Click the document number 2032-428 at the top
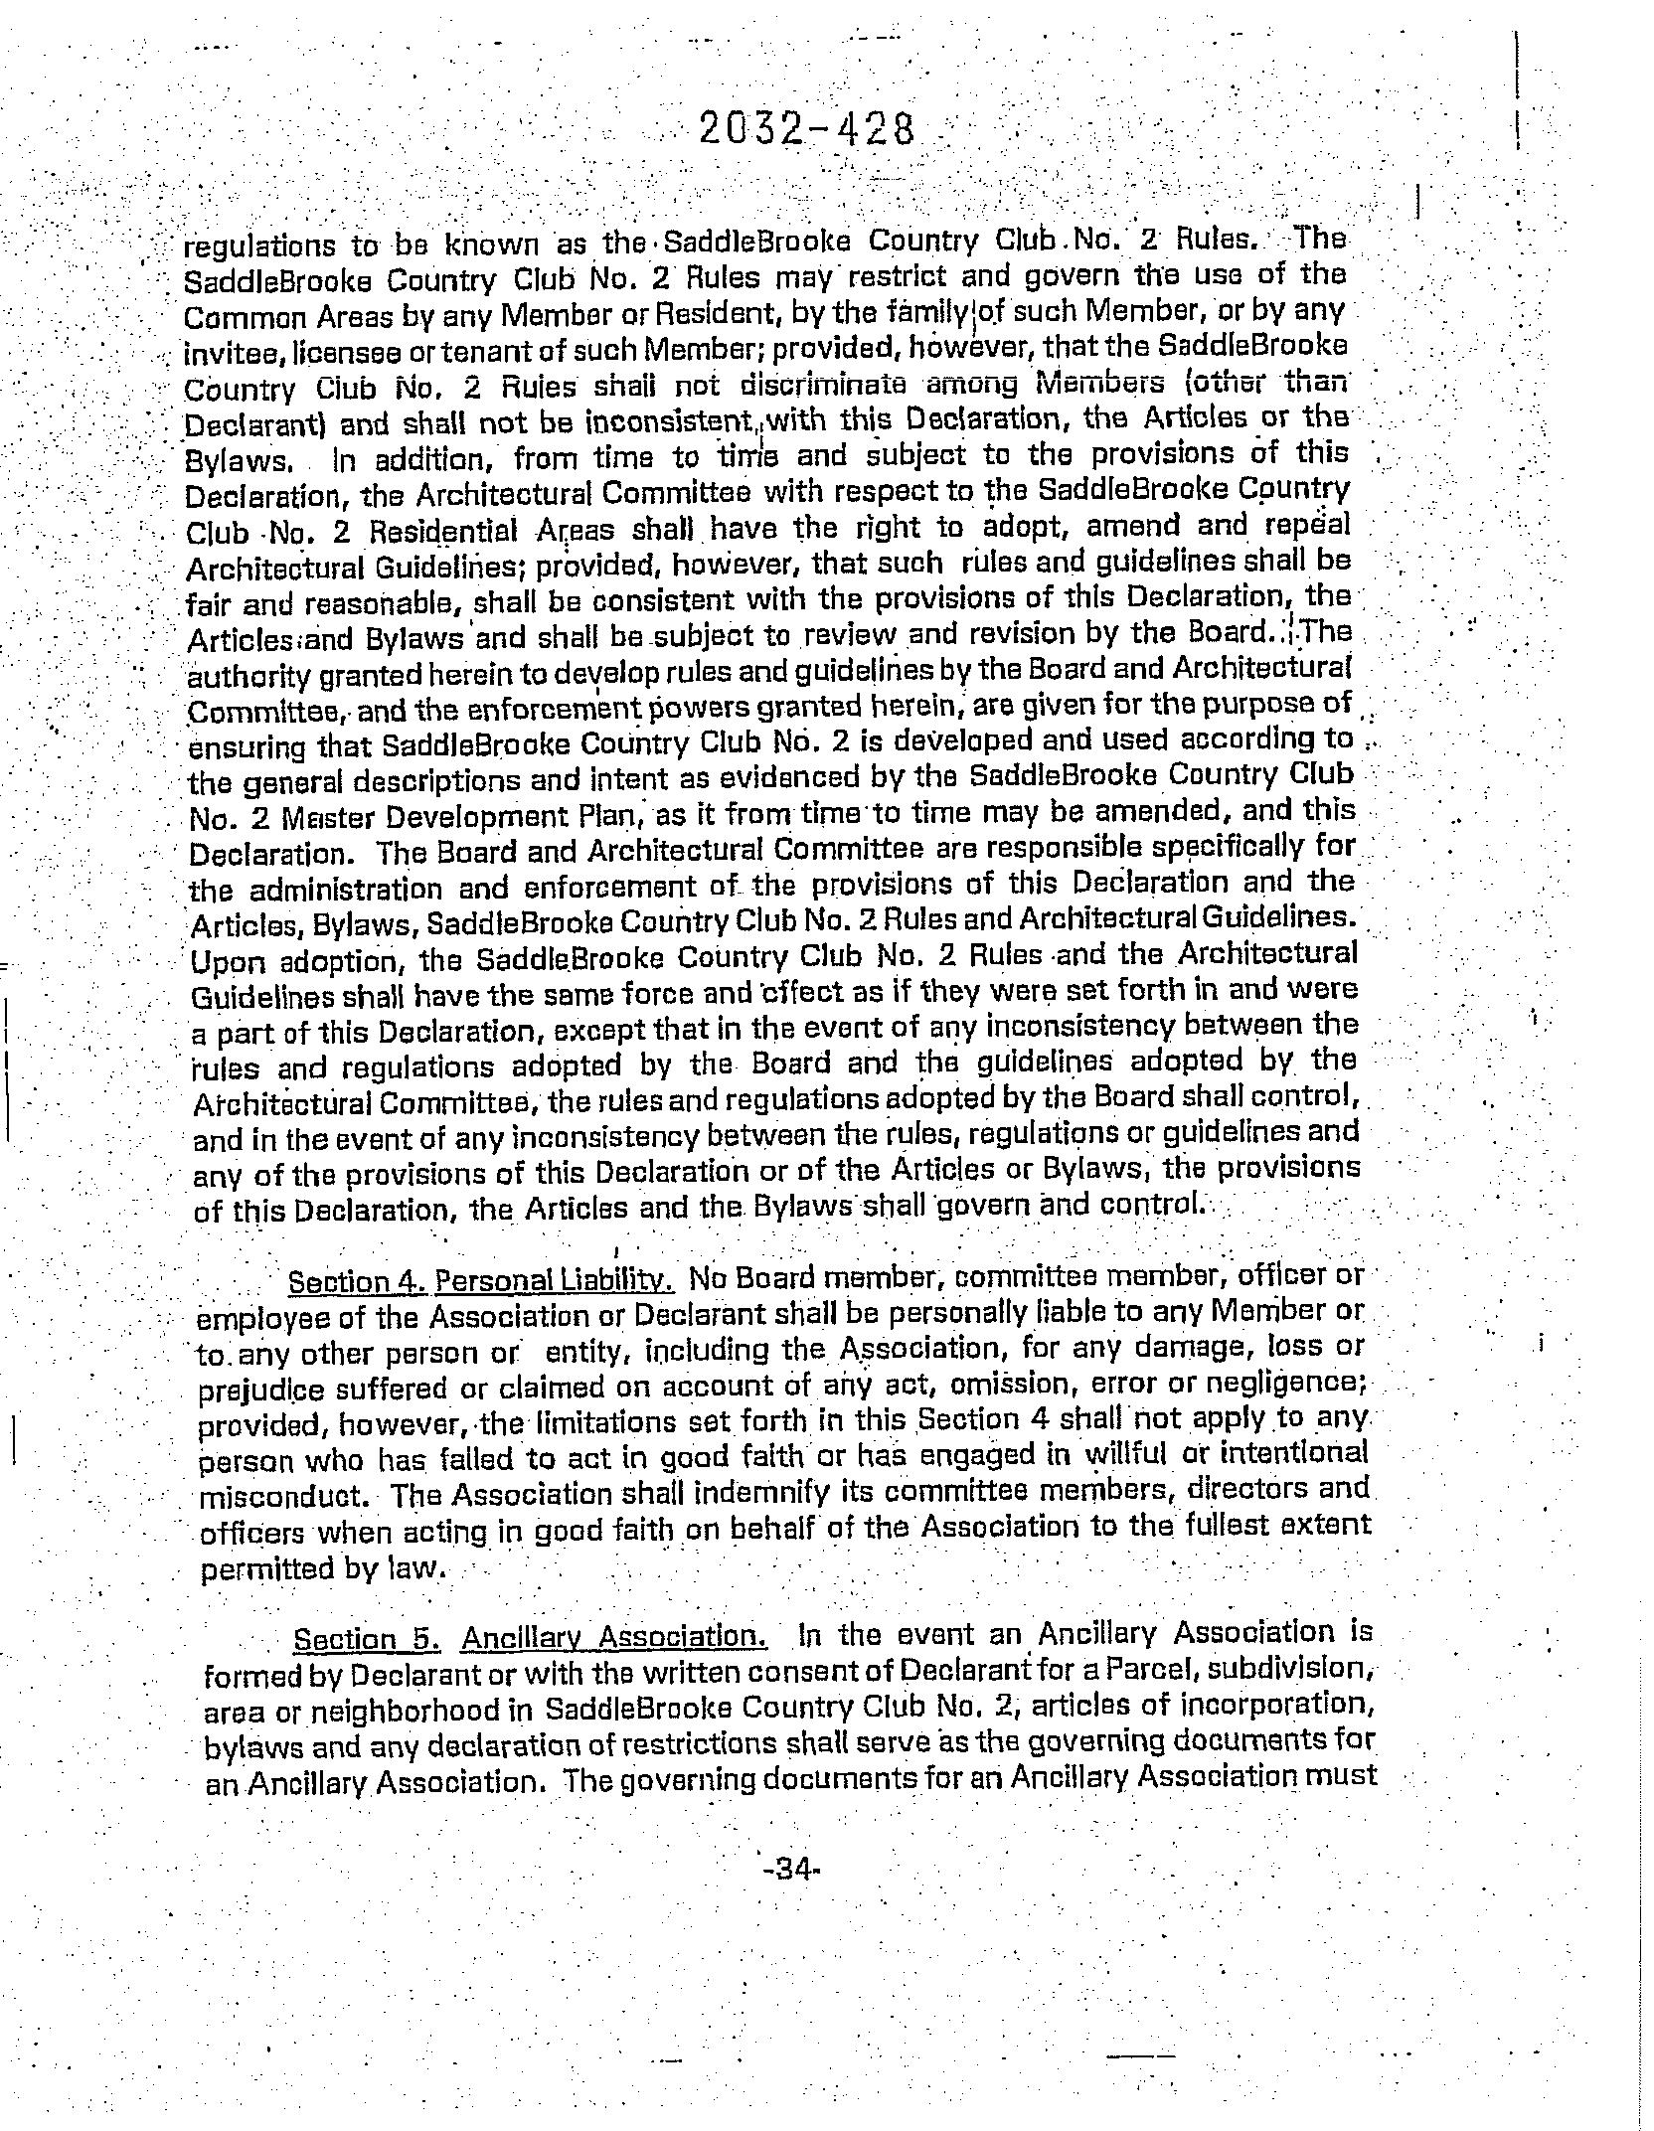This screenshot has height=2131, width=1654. coord(805,130)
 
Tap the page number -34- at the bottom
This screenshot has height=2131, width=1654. coord(791,1869)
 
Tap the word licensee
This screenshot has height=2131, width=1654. coord(319,348)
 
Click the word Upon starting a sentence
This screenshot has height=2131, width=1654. coord(224,963)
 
